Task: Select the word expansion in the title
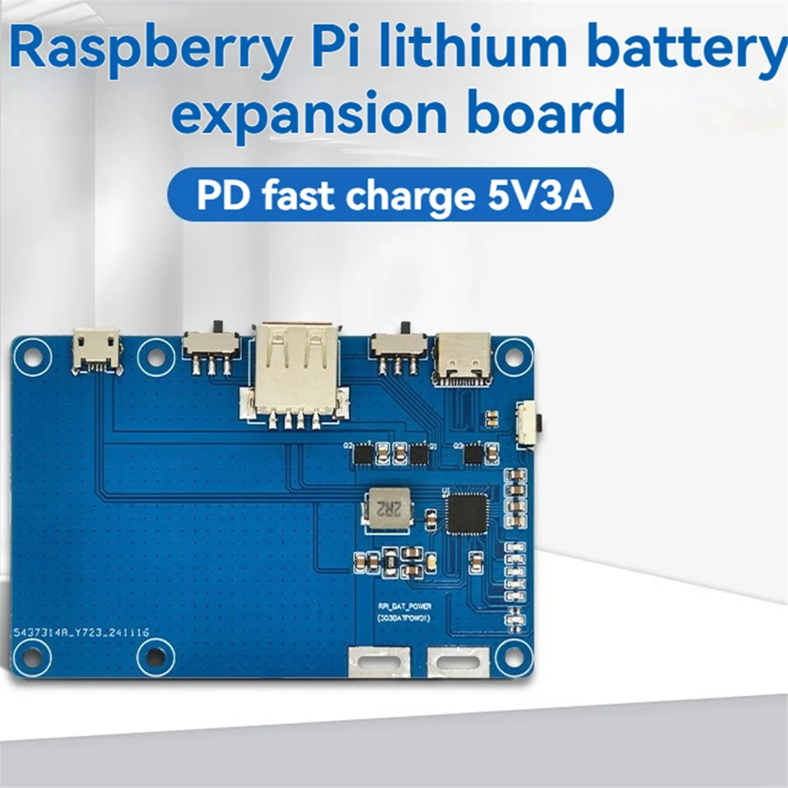309,113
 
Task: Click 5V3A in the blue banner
539,196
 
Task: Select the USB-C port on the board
463,358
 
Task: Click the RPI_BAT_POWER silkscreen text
404,607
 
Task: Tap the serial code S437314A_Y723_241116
82,633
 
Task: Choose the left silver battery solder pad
379,661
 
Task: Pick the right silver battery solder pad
458,661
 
